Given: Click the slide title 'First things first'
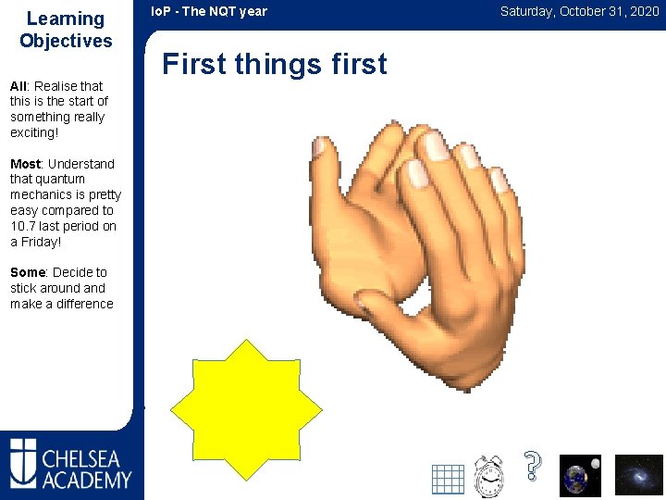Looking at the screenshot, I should click(x=275, y=64).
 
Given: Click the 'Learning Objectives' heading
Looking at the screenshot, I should click(x=66, y=30).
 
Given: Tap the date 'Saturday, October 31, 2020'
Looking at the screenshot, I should click(x=579, y=11).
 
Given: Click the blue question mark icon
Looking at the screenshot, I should click(x=531, y=465).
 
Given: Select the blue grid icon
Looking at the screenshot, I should click(x=448, y=479).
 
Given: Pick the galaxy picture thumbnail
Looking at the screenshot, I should click(x=639, y=475).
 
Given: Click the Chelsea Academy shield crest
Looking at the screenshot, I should click(x=23, y=462).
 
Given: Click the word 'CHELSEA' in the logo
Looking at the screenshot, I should click(x=86, y=457).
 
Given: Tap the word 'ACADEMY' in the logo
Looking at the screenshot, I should click(x=86, y=479).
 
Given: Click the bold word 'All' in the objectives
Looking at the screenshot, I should click(x=19, y=86).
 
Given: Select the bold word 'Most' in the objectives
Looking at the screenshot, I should click(x=25, y=164).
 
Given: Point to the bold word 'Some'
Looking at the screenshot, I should click(x=28, y=272).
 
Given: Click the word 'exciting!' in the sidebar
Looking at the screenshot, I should click(x=34, y=132).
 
